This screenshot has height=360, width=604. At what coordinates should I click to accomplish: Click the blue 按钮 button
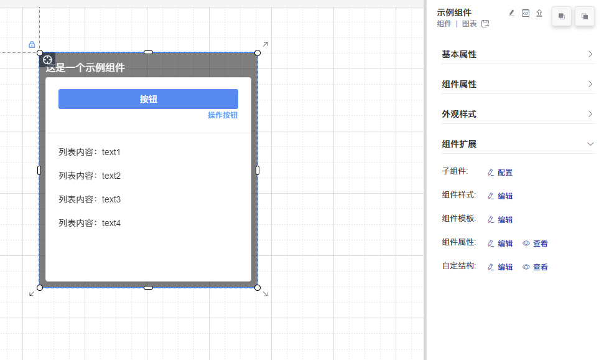(148, 99)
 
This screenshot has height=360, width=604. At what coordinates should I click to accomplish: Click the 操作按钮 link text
(223, 115)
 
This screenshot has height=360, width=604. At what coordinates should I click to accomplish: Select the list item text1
(90, 152)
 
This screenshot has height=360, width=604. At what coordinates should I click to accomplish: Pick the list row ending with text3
(90, 199)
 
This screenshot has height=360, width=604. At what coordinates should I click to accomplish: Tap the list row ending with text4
(90, 223)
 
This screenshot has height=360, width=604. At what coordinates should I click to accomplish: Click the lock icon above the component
(32, 45)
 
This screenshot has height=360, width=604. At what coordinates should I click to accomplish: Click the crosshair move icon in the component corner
(47, 60)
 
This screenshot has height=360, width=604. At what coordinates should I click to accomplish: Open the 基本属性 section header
(517, 54)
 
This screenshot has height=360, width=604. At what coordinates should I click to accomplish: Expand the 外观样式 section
(517, 114)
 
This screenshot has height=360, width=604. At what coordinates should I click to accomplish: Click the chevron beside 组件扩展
(590, 144)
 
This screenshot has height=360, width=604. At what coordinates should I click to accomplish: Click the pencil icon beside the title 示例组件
(511, 12)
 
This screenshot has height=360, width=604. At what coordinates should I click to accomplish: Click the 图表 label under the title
(469, 24)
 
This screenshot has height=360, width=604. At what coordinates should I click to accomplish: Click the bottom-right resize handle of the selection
(258, 288)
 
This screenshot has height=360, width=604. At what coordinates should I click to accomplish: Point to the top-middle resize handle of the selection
(148, 52)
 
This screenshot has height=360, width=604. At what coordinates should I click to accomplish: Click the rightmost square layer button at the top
(584, 17)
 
